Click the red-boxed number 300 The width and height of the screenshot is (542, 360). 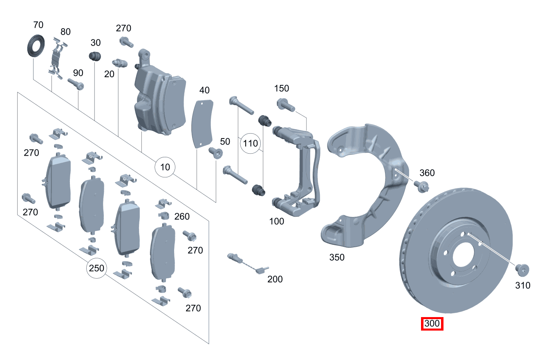[x=432, y=324]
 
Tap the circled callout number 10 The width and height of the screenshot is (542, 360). [x=165, y=167]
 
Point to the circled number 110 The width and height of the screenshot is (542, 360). [x=250, y=143]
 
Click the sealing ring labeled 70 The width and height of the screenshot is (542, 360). [x=35, y=45]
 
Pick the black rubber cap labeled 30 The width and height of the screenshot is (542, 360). [x=95, y=56]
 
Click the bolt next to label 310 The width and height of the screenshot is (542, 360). [x=522, y=269]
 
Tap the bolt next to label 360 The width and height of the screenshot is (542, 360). [x=421, y=186]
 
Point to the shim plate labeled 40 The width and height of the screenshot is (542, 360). [x=202, y=123]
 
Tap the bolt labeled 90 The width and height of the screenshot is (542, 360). [x=76, y=84]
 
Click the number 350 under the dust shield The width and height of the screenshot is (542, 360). [x=337, y=257]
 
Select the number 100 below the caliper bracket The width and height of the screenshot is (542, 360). [x=276, y=221]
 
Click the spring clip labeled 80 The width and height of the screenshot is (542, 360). [x=56, y=57]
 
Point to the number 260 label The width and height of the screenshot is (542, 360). [x=182, y=216]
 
